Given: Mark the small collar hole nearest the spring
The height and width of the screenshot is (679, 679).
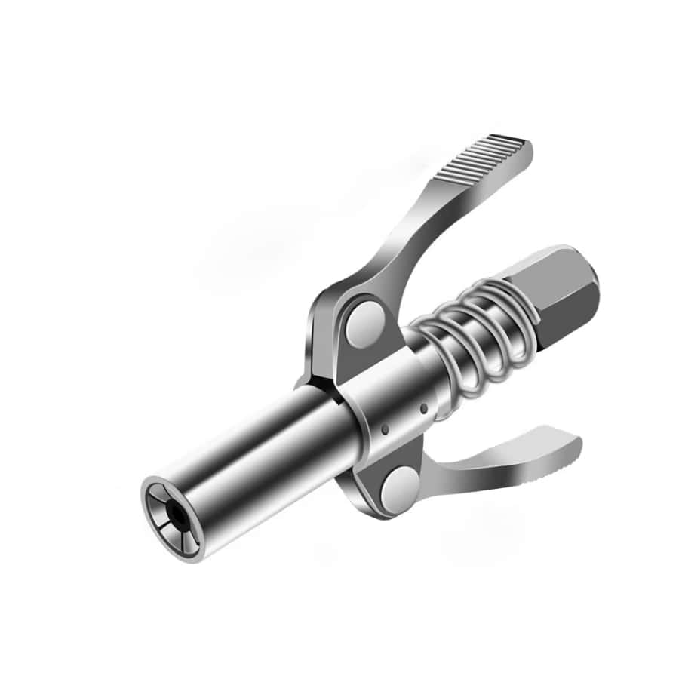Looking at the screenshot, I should coord(424,408).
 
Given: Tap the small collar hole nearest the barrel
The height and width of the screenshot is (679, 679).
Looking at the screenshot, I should coord(385,429).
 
